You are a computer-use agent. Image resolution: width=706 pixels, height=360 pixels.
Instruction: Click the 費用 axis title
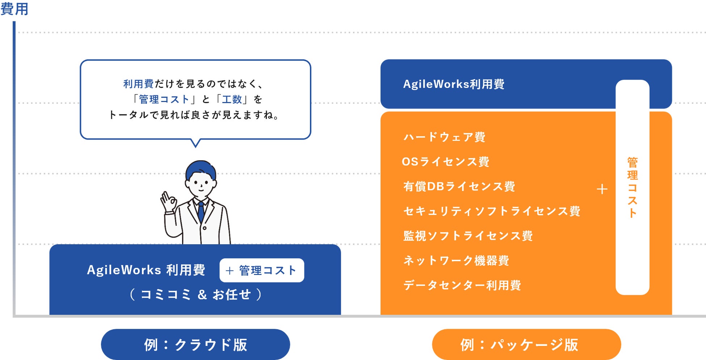(x=14, y=9)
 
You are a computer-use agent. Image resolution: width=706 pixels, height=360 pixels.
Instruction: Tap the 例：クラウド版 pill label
(x=195, y=344)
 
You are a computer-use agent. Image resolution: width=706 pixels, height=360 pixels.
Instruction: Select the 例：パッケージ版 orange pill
(x=526, y=344)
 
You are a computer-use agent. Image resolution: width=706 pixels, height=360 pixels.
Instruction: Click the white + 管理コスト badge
(x=261, y=270)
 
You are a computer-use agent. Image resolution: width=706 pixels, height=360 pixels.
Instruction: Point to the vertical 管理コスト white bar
(x=632, y=187)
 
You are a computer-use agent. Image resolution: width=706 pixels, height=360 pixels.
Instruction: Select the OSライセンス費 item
(x=445, y=161)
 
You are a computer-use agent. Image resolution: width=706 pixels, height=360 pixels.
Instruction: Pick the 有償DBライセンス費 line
(x=459, y=186)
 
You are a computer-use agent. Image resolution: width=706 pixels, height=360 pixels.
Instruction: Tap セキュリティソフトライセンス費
(x=492, y=211)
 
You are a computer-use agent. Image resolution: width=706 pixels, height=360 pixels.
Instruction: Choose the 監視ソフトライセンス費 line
(x=468, y=236)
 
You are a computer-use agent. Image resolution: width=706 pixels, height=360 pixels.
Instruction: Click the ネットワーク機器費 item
(x=456, y=261)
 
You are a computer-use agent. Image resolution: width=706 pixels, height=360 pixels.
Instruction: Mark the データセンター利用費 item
(x=462, y=285)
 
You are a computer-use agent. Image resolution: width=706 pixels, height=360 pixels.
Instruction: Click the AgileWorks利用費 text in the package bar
(x=454, y=84)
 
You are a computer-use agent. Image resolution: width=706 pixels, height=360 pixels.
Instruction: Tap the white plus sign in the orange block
(x=602, y=189)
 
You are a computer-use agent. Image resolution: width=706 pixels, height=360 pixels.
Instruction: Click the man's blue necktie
(x=201, y=212)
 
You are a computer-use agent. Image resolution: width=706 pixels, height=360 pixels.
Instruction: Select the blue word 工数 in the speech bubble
(x=232, y=99)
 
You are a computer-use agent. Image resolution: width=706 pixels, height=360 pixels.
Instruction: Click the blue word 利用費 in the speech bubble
(x=138, y=84)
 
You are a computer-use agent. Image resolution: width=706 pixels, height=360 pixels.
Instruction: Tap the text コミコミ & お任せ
(x=195, y=295)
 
